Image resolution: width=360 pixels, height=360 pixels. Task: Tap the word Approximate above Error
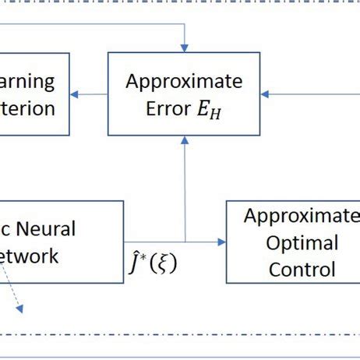tap(184, 82)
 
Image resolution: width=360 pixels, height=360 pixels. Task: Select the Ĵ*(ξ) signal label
tap(153, 263)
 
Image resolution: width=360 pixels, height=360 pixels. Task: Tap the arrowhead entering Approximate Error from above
tap(184, 48)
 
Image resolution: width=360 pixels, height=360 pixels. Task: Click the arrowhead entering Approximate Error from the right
tap(265, 94)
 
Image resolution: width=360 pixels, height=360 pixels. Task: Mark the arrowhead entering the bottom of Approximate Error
tap(184, 139)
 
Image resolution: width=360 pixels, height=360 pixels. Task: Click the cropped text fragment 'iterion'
tap(28, 108)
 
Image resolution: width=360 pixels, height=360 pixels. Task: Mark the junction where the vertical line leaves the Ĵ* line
tap(184, 242)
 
